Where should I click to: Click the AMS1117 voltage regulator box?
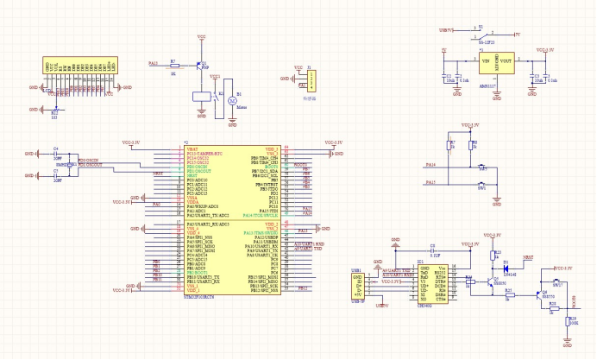[496, 61]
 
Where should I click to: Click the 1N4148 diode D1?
[506, 265]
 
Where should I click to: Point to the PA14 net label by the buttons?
[431, 164]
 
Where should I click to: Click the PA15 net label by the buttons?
[431, 182]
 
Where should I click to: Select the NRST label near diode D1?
[529, 257]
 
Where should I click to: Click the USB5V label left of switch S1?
[446, 30]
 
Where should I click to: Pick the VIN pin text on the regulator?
[485, 61]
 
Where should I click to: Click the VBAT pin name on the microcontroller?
[192, 149]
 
